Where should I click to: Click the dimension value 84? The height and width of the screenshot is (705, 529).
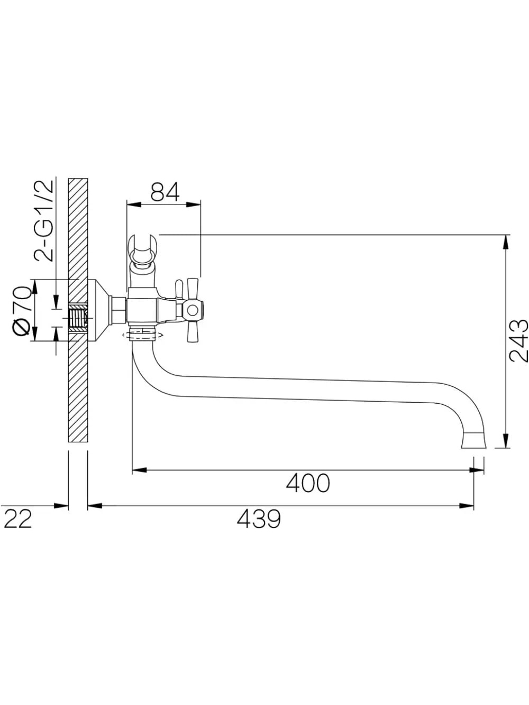[x=165, y=192]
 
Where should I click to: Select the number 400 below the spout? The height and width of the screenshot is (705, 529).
[x=308, y=483]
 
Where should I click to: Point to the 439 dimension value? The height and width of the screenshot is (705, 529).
[x=259, y=519]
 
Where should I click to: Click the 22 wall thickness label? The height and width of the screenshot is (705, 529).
[x=18, y=519]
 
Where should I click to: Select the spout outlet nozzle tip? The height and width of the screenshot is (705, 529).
[x=474, y=440]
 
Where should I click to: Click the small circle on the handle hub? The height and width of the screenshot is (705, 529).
[x=193, y=310]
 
